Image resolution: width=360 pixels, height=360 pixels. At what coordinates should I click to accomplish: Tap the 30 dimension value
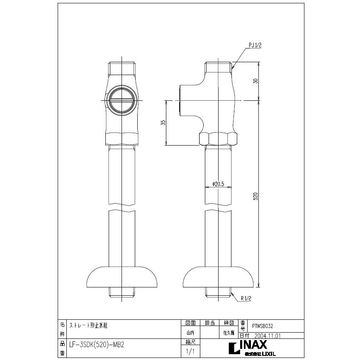[x=256, y=81]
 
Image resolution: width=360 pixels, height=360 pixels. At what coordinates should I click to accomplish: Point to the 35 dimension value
[x=163, y=123]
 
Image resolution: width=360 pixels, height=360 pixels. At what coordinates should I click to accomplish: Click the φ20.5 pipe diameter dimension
[x=218, y=184]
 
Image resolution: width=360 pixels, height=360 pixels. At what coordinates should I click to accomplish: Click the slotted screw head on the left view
[x=122, y=100]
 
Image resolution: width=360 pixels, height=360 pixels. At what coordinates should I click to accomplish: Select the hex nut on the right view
[x=219, y=139]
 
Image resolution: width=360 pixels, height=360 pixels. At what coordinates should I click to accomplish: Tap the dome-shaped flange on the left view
[x=122, y=277]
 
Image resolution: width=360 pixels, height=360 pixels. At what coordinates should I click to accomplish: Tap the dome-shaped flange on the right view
[x=219, y=277]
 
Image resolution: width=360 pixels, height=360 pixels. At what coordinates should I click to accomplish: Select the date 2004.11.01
[x=266, y=336]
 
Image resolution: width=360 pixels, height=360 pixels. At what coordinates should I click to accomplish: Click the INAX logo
[x=253, y=345]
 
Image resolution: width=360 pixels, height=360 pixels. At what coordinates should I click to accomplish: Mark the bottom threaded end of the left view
[x=122, y=294]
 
